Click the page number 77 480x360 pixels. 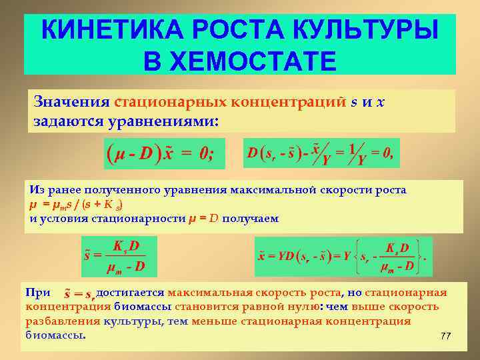[445, 336]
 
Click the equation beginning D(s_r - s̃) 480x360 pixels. [321, 153]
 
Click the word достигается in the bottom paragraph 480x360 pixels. [130, 293]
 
